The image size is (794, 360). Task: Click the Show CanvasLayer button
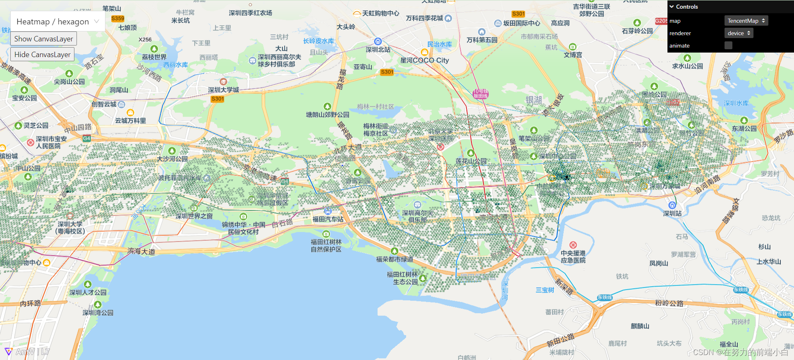43,38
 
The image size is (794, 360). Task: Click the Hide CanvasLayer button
42,54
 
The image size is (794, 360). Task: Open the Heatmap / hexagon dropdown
57,22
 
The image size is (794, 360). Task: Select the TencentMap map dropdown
746,21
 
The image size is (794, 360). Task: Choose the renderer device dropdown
739,33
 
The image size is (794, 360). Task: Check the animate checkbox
728,46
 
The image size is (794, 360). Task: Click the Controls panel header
686,7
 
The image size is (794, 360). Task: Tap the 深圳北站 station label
378,49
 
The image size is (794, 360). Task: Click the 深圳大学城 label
223,89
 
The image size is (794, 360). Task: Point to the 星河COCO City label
424,60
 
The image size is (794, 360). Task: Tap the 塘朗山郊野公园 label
328,114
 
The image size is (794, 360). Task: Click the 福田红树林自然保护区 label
326,245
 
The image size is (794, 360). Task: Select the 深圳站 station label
672,213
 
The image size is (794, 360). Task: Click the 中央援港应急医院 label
573,257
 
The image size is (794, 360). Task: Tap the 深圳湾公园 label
98,312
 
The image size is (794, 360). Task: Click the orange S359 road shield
118,18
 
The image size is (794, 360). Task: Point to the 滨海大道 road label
141,251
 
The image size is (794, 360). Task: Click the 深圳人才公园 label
88,292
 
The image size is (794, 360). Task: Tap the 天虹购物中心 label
380,13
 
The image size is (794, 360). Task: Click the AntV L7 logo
27,352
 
